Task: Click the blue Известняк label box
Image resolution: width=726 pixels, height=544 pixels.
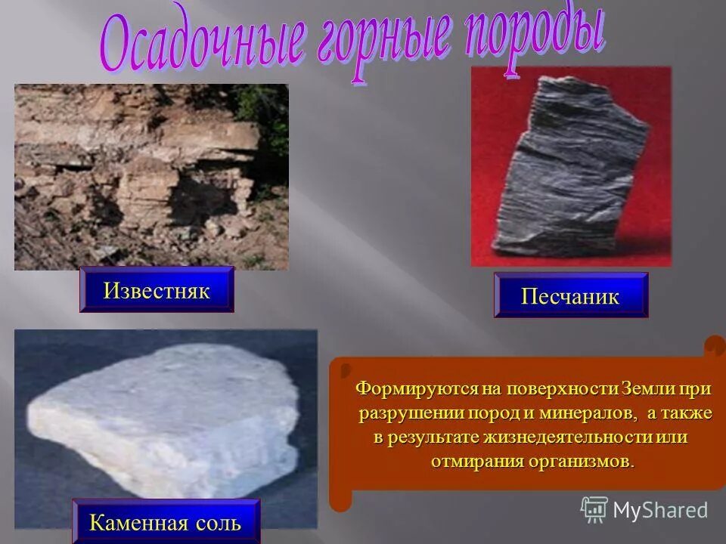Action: [x=157, y=290]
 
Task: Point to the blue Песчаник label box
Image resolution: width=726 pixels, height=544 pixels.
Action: [x=571, y=295]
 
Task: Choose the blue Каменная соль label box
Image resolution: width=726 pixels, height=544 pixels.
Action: [x=166, y=521]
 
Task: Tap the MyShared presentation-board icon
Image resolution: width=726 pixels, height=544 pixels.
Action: [x=594, y=509]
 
